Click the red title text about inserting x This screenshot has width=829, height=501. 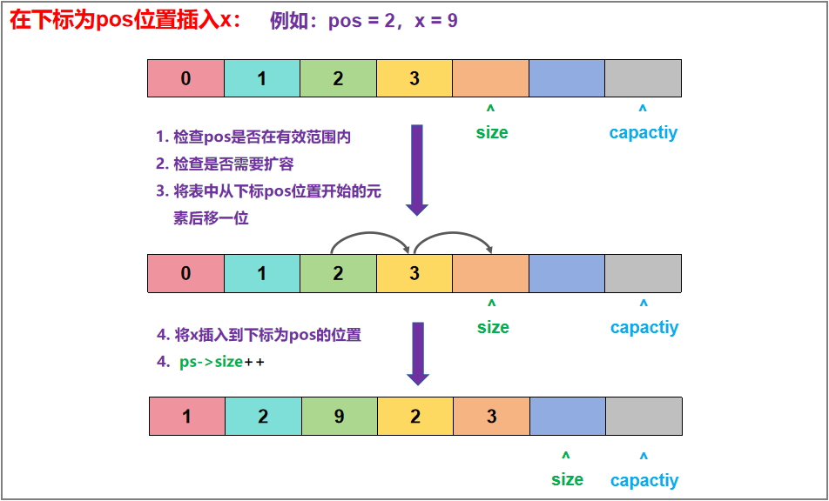click(126, 20)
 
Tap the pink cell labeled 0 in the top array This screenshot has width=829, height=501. click(186, 78)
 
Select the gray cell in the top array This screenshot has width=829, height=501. click(643, 78)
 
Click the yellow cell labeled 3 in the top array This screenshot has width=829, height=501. click(414, 78)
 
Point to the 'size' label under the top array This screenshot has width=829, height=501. click(492, 132)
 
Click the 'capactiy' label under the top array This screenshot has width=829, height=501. click(644, 132)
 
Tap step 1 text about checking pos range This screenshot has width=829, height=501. click(253, 137)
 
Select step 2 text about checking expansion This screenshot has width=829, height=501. click(225, 164)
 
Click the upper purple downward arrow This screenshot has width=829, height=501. click(417, 169)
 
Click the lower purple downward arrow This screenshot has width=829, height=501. click(418, 352)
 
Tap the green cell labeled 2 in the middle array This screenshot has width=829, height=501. click(338, 273)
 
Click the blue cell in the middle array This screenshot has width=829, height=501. click(567, 273)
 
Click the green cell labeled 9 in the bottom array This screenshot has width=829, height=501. click(340, 417)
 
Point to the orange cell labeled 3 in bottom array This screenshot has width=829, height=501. click(492, 417)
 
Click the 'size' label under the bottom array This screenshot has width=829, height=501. click(567, 479)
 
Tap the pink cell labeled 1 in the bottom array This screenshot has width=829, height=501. click(187, 417)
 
